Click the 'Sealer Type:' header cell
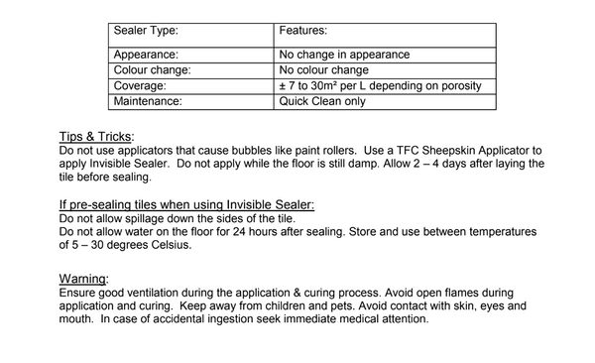pyautogui.click(x=146, y=32)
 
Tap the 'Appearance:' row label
pyautogui.click(x=146, y=56)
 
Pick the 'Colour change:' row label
pyautogui.click(x=152, y=70)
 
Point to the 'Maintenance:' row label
pyautogui.click(x=150, y=100)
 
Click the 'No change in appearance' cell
pyautogui.click(x=346, y=56)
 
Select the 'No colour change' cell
pyautogui.click(x=324, y=70)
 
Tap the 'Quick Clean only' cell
pyautogui.click(x=322, y=100)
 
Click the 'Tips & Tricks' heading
pyautogui.click(x=97, y=137)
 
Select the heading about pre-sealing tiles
pyautogui.click(x=187, y=204)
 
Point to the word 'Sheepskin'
pyautogui.click(x=445, y=151)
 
